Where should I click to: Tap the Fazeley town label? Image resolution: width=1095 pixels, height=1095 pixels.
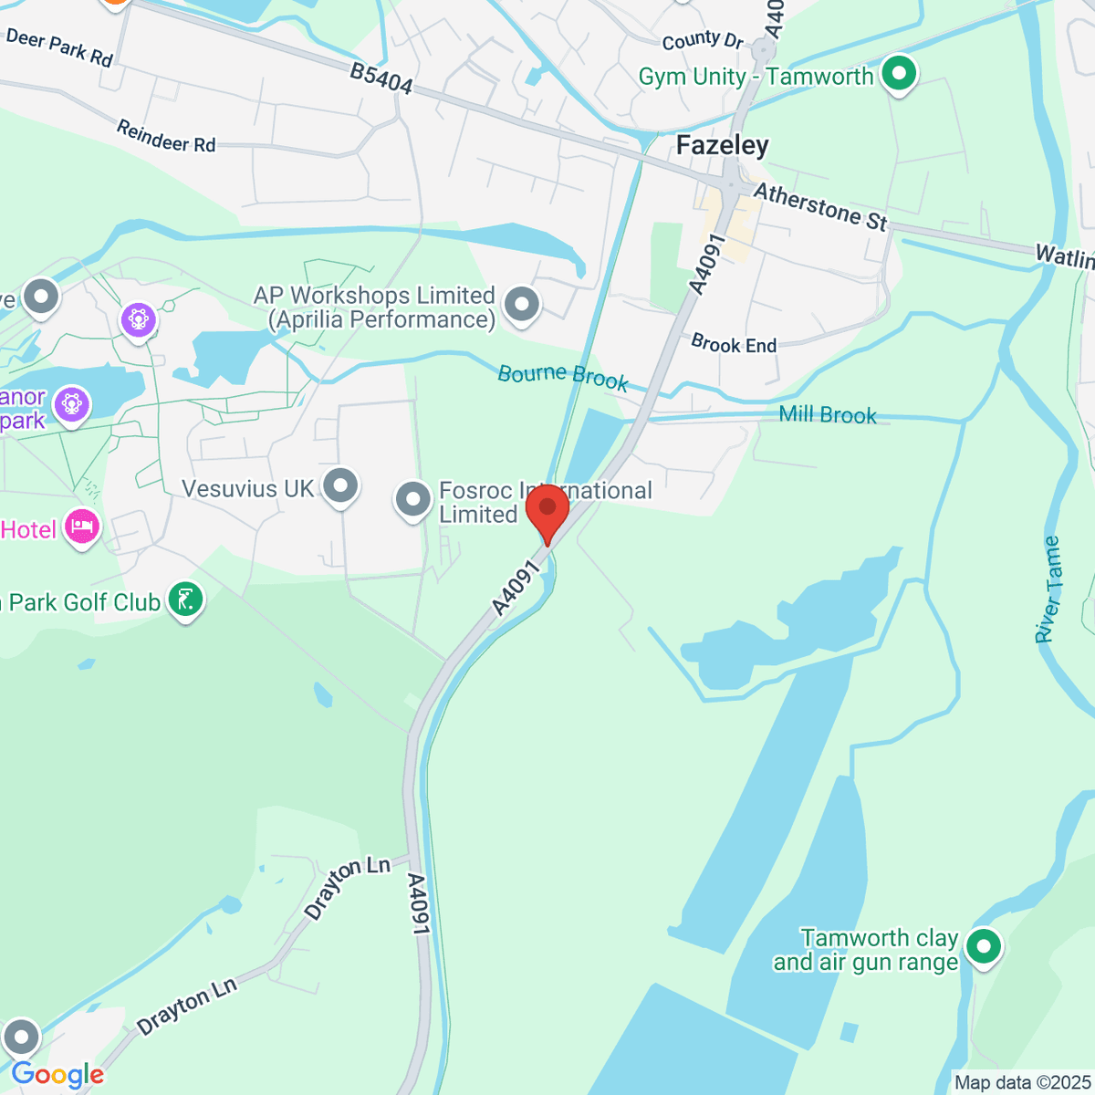coord(722,146)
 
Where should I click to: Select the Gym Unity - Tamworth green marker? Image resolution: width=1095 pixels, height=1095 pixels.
coord(900,75)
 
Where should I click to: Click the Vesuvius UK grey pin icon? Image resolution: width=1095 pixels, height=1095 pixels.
coord(341,485)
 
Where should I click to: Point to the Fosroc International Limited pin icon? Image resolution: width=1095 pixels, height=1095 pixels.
coord(412,500)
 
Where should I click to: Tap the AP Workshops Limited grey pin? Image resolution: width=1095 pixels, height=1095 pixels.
coord(522,305)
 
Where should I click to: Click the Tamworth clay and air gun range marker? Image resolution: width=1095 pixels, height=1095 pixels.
coord(983,946)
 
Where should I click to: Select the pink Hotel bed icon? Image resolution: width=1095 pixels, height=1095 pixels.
coord(82,527)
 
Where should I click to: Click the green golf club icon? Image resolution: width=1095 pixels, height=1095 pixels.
coord(186,600)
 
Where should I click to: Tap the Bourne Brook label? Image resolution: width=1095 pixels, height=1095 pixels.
coord(563,376)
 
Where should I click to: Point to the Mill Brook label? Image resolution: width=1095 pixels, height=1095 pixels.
coord(828,415)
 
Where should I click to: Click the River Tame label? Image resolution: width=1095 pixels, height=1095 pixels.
coord(1048,589)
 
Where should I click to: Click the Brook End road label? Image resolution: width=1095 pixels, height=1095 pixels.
coord(734,344)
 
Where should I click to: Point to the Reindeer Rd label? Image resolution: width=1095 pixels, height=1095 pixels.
coord(166,136)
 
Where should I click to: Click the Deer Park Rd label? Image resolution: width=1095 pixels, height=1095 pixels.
coord(59,47)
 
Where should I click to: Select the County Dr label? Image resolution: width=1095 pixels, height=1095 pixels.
coord(703,41)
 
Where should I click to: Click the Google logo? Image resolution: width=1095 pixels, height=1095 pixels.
coord(57,1075)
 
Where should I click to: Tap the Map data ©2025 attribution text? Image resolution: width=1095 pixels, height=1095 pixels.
coord(1021,1083)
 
